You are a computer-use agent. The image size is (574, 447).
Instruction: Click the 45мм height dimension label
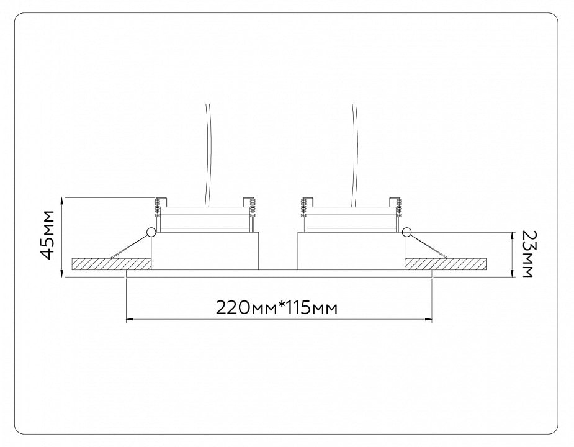(48, 235)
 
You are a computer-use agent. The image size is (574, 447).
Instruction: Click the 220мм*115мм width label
(277, 308)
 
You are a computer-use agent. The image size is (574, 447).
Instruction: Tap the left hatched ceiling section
(112, 264)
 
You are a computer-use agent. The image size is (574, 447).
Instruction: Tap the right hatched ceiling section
(446, 264)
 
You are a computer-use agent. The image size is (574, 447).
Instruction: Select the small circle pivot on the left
(150, 232)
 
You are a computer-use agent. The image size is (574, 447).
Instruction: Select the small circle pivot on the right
(406, 232)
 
